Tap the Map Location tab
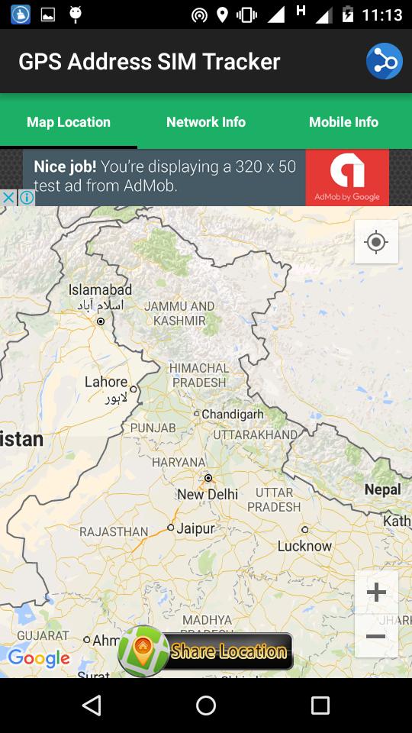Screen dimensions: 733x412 point(69,122)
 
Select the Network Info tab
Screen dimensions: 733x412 point(206,122)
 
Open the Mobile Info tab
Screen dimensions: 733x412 point(343,122)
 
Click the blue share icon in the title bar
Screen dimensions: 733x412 point(384,62)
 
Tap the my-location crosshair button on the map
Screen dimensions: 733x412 point(376,242)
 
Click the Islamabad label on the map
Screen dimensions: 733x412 point(100,290)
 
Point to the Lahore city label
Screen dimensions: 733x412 point(106,382)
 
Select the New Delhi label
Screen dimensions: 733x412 point(208,494)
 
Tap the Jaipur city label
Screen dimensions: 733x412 point(196,528)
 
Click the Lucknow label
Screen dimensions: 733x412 point(304,546)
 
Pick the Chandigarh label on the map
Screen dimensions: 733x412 point(233,414)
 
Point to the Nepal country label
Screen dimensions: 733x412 point(382,489)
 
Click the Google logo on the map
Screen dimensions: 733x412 point(39,657)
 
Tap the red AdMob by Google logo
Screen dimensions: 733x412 point(347,178)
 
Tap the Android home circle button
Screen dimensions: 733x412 point(206,706)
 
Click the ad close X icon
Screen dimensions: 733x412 point(8,198)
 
